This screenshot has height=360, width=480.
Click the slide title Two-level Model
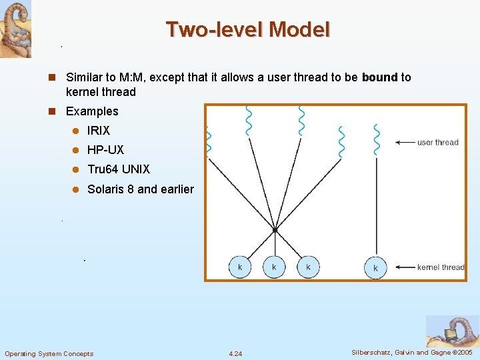pos(247,30)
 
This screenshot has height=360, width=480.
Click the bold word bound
pos(379,77)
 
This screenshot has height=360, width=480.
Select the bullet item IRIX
pos(99,131)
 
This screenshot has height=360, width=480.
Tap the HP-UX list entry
pos(105,150)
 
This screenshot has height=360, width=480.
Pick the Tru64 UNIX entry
pos(119,169)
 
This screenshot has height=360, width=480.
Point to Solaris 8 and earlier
pos(141,189)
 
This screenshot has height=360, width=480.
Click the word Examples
pos(92,111)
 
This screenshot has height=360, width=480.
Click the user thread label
pos(438,142)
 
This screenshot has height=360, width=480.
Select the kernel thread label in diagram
pos(441,267)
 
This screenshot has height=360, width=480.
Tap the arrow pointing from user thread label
pos(404,142)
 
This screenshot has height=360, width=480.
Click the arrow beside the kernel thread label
pos(404,267)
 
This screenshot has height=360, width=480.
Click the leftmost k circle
pos(240,267)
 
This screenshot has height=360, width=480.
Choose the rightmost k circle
pos(375,267)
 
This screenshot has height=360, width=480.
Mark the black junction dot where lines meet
pos(275,230)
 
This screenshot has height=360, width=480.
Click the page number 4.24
pos(235,353)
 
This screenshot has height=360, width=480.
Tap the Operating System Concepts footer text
pos(49,353)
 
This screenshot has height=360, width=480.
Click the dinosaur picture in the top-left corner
pos(15,29)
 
